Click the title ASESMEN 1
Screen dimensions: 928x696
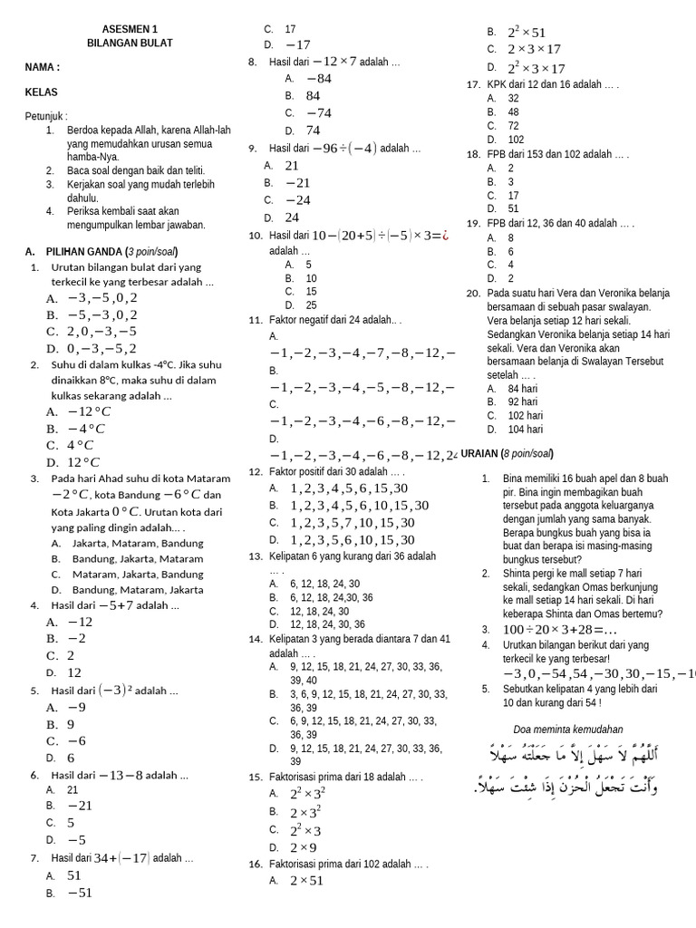point(130,28)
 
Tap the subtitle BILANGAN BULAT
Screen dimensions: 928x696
point(130,43)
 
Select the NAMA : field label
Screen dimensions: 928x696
point(43,67)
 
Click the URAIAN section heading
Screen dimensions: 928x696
point(507,453)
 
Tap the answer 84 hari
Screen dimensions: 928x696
point(521,389)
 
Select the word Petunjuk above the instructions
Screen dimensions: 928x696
point(46,117)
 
